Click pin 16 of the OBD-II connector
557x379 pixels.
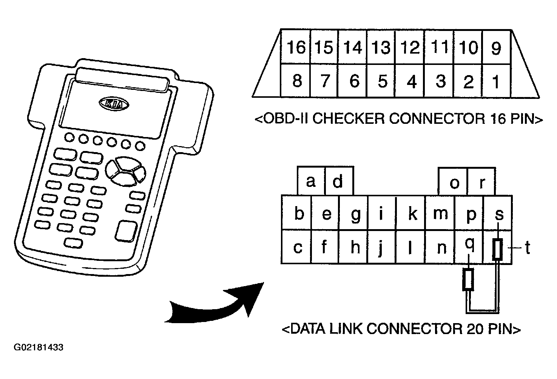coord(296,48)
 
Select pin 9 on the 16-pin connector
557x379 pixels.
coord(496,48)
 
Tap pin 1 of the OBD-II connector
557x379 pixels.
coord(496,81)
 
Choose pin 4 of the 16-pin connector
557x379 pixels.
coord(411,81)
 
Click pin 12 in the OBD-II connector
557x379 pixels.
coord(410,48)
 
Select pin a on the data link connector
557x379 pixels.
coord(311,182)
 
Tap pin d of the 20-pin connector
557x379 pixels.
coord(338,182)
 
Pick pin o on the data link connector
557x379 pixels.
coord(454,183)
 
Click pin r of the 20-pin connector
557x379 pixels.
coord(482,183)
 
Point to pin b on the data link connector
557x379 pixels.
coord(299,214)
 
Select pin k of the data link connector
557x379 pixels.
coord(412,214)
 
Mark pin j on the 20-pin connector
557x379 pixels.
coord(381,248)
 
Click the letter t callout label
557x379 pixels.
coord(527,248)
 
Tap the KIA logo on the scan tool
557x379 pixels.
coord(114,103)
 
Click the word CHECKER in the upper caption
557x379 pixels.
coord(349,119)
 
